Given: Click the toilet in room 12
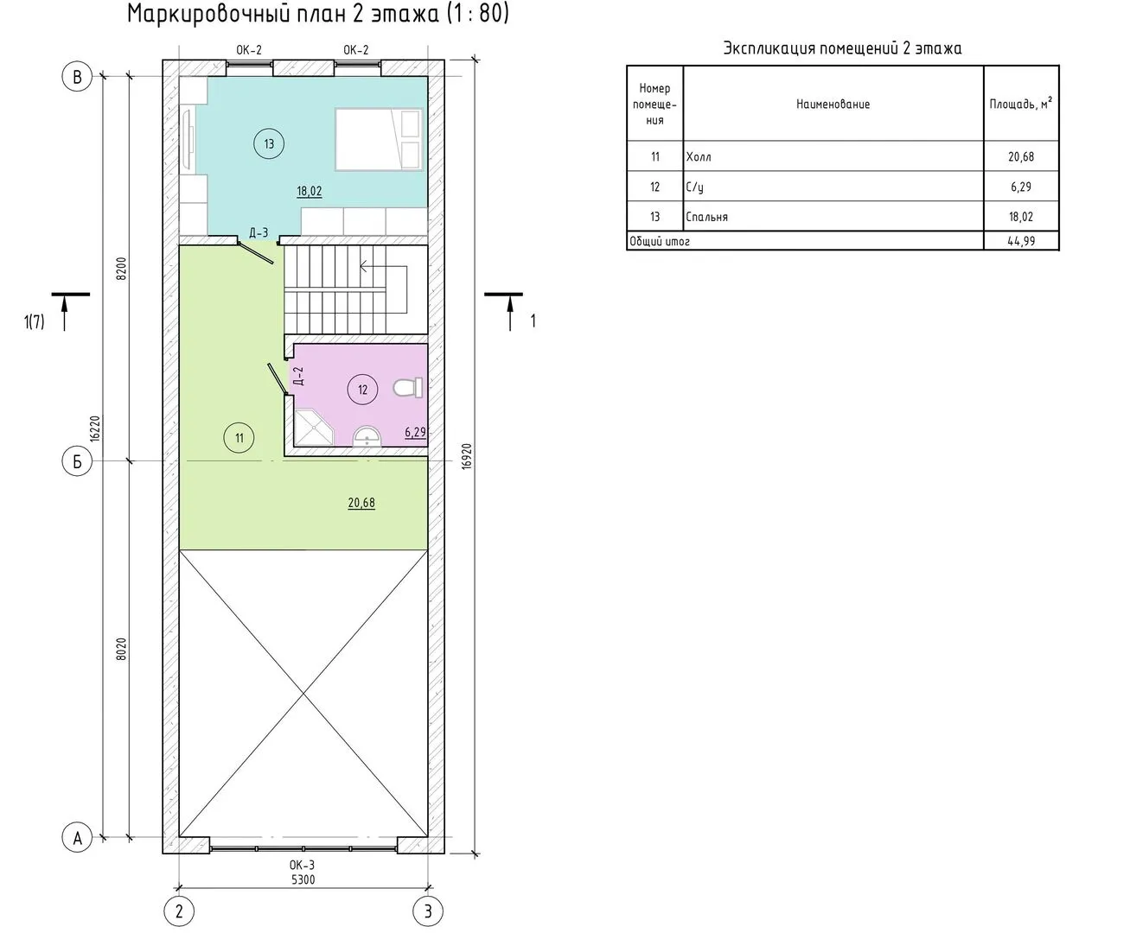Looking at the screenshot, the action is [407, 388].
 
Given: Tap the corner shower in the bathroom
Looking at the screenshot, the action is [313, 427].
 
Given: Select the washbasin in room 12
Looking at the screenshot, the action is [367, 437].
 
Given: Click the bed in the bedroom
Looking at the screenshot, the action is [379, 140].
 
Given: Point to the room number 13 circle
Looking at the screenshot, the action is [269, 144].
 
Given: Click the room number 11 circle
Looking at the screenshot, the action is [239, 438].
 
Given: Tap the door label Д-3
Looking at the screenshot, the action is [259, 233].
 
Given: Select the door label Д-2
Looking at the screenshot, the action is [298, 376].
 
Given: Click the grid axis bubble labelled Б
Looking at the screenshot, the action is [77, 461].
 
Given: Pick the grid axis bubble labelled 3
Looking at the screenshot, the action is [428, 911].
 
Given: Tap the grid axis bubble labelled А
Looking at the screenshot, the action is [77, 838].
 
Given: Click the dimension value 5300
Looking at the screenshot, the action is [303, 880].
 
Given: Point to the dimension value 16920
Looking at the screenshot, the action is [467, 456].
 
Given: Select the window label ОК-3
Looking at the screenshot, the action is [302, 865].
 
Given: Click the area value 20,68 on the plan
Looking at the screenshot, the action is [361, 503].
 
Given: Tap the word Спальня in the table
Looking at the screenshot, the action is [707, 218].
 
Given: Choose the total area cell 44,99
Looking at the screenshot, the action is [1021, 241].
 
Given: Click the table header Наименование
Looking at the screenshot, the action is [833, 104].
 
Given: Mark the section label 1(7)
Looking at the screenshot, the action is [34, 322].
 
